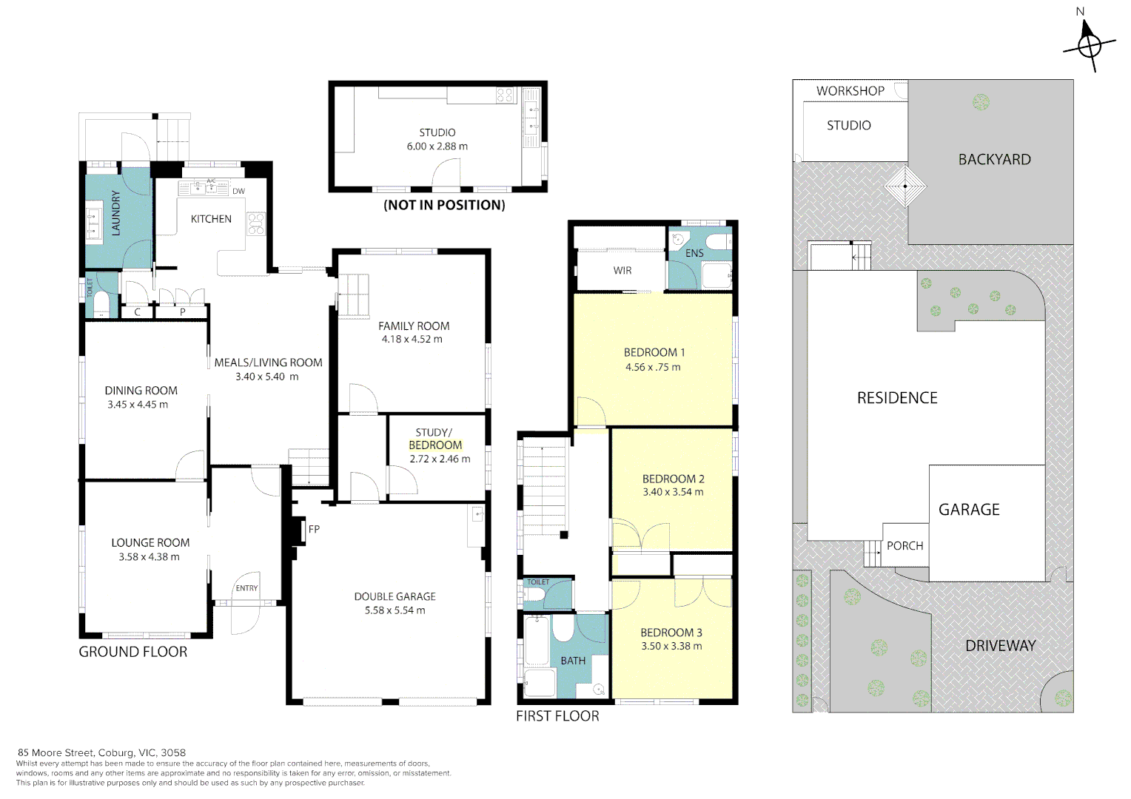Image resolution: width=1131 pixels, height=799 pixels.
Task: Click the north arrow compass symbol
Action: (x=1089, y=45)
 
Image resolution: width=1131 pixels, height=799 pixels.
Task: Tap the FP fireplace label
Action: (x=314, y=529)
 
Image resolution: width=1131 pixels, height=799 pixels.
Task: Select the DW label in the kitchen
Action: (x=238, y=192)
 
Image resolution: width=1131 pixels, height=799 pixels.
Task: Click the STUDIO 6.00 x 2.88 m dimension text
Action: (x=437, y=146)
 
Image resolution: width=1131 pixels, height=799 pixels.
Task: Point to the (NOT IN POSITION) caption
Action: (x=444, y=205)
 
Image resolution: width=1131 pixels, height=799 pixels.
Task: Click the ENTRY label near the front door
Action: (x=246, y=589)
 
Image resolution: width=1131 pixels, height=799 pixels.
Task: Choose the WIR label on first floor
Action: (x=622, y=271)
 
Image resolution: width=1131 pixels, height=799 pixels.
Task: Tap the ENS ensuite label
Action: (x=694, y=253)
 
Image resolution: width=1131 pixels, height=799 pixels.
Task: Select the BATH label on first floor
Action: (x=573, y=661)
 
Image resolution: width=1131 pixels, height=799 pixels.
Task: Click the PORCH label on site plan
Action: (x=905, y=546)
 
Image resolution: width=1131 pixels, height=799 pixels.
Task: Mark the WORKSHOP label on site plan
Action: (x=850, y=91)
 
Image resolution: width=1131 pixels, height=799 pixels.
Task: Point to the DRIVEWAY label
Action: (x=1000, y=646)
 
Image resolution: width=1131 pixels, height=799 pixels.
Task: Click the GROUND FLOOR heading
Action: (x=133, y=652)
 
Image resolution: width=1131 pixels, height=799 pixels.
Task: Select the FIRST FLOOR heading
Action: (x=557, y=716)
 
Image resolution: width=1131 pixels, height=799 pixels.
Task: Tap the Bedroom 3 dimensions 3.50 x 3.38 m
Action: (x=671, y=647)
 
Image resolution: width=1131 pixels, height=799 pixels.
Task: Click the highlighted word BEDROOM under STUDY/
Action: (x=435, y=445)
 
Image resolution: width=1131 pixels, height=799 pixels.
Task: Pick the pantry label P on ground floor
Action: (x=183, y=312)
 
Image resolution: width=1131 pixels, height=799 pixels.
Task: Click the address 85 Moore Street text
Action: (x=101, y=752)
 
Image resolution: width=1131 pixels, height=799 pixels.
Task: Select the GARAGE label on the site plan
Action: (x=969, y=510)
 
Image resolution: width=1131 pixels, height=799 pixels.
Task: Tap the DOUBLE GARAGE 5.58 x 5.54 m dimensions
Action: (x=395, y=610)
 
